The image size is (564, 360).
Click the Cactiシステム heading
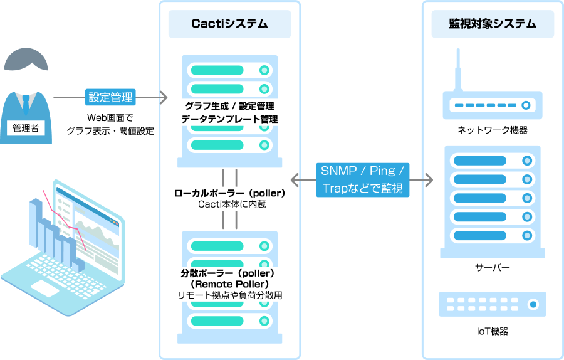coord(229,24)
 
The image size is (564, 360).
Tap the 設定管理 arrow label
coord(110,98)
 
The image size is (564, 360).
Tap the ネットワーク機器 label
coord(493,130)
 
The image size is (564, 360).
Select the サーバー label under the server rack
coord(493,268)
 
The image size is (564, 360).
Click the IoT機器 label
coord(493,331)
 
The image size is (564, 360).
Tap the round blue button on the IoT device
coord(533,305)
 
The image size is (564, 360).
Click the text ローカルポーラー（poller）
coord(229,193)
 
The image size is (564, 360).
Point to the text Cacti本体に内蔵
coord(229,204)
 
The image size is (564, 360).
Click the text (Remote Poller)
coord(229,284)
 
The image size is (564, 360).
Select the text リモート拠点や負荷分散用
coord(229,295)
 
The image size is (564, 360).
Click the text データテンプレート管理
coord(229,119)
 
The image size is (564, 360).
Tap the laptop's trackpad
coord(45,289)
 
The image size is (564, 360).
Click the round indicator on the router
coord(526,105)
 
